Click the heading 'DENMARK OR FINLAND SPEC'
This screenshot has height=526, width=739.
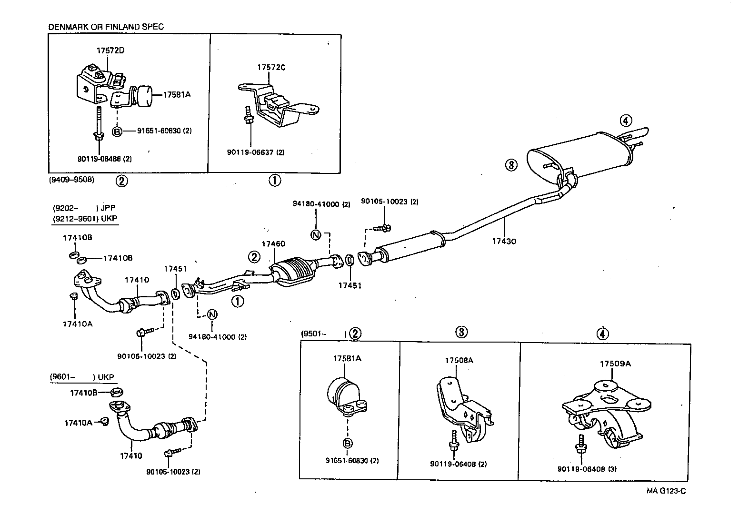click(106, 27)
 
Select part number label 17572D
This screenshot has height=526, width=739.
click(110, 50)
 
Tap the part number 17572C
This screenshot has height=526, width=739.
click(271, 67)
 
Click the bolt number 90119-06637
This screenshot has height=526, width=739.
click(250, 152)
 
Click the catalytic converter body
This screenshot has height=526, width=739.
click(295, 272)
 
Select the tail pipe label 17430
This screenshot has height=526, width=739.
click(504, 241)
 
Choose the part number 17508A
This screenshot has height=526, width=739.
click(459, 360)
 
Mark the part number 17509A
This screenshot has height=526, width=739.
click(615, 364)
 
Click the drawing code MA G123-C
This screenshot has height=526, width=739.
click(666, 491)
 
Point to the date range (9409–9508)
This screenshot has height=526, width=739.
click(71, 180)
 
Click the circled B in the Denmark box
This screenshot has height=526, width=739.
click(117, 131)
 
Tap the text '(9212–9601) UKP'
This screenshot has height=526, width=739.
click(84, 218)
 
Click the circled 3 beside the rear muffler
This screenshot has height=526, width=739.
click(510, 165)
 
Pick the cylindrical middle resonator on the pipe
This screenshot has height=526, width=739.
click(409, 247)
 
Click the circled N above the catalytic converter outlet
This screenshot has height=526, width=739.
click(316, 234)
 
